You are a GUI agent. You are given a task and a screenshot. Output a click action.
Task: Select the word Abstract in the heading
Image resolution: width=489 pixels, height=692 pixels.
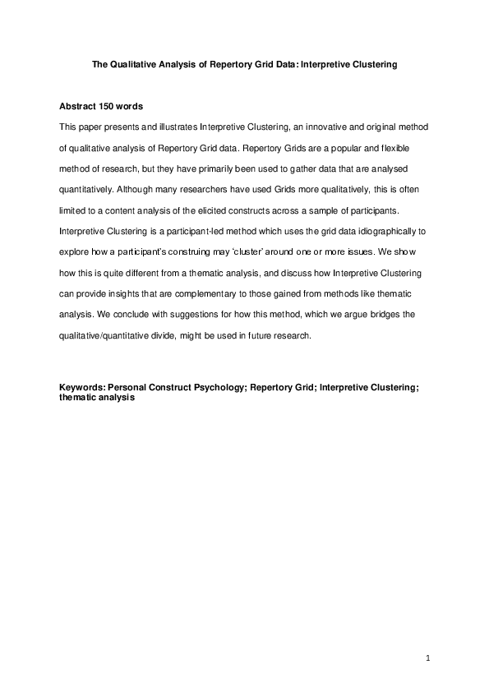(80, 107)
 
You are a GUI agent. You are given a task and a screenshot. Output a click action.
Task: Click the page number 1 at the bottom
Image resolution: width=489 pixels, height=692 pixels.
(428, 657)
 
